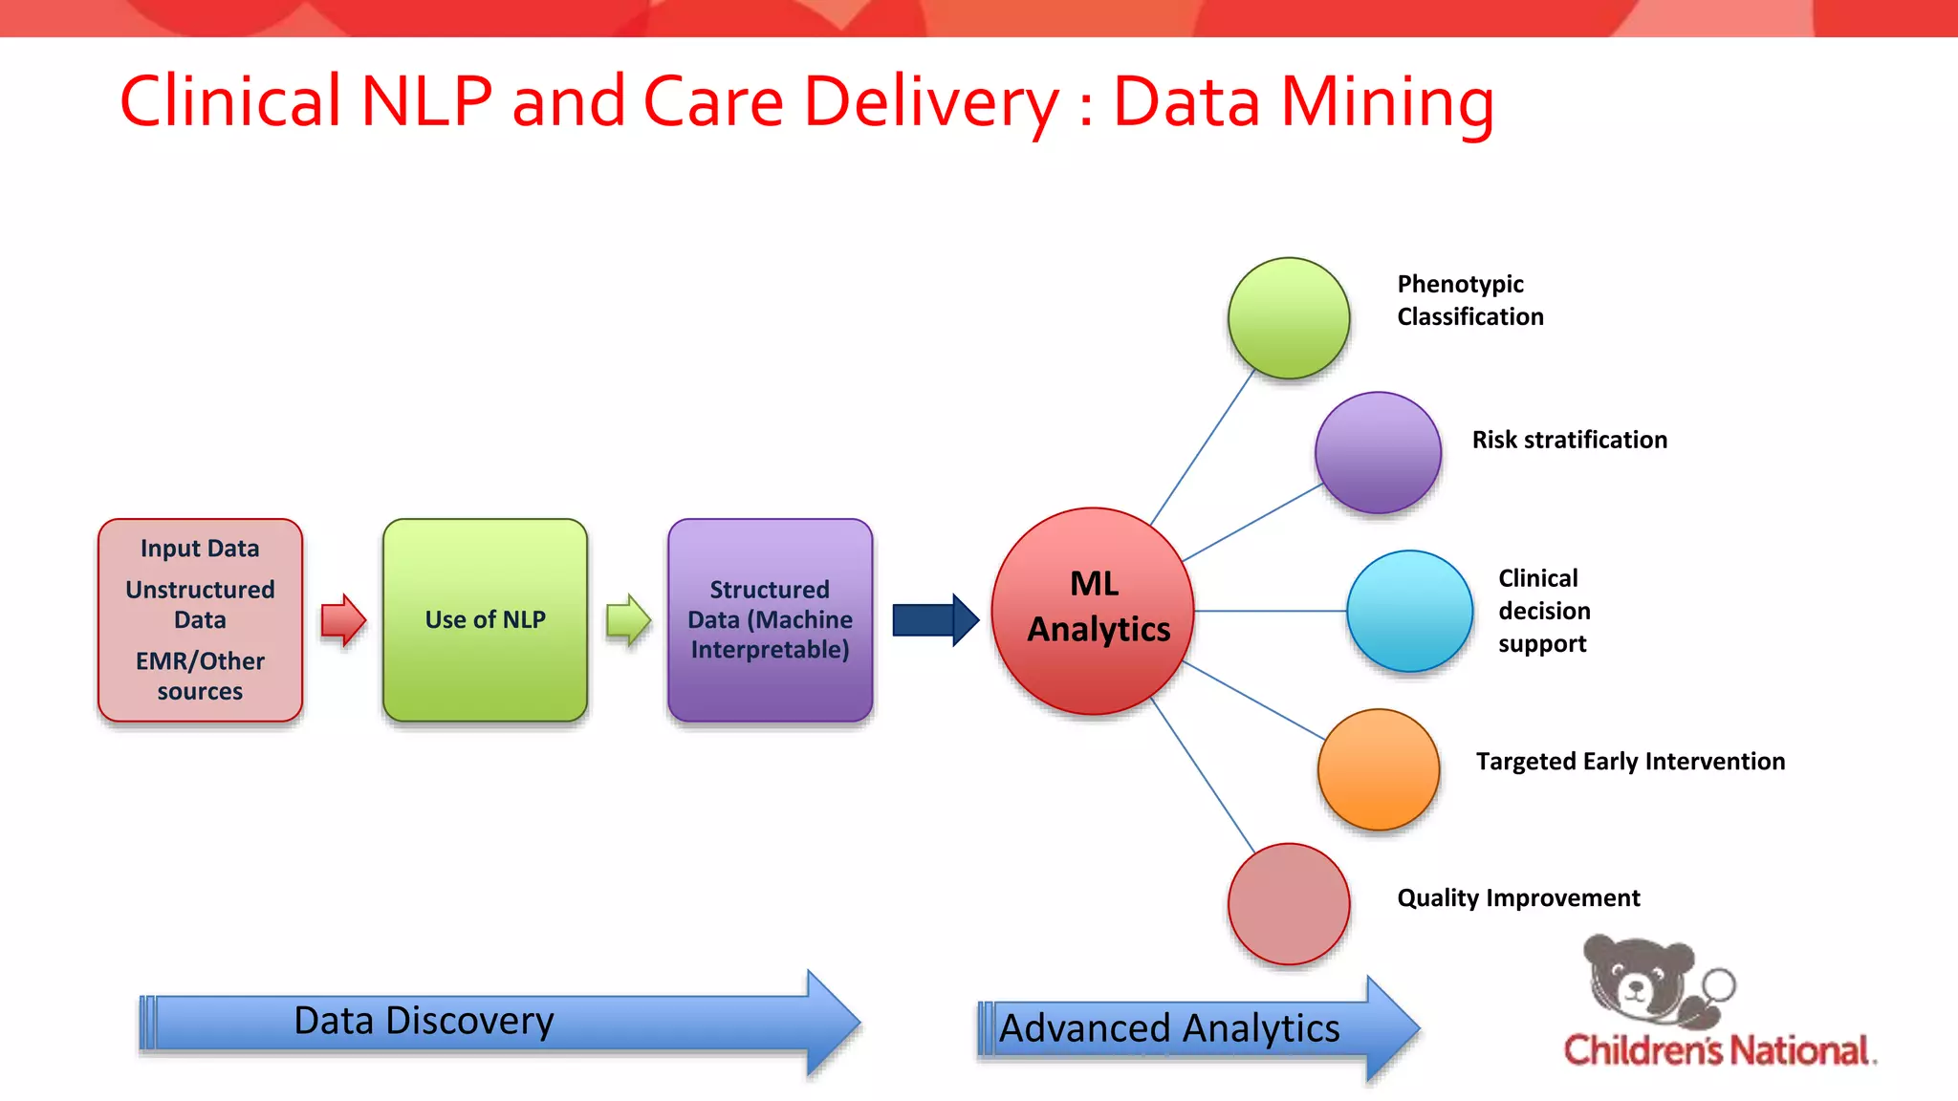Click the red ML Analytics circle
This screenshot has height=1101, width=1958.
click(1093, 611)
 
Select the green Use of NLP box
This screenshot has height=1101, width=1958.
click(485, 620)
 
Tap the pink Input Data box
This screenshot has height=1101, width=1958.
click(200, 620)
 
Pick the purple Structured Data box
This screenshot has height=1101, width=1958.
click(770, 620)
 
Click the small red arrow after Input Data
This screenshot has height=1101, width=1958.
click(343, 620)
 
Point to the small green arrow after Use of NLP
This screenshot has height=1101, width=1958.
click(628, 620)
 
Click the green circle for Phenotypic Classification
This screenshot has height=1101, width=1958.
click(1289, 318)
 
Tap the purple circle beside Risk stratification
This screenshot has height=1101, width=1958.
click(1378, 453)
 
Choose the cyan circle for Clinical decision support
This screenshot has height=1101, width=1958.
click(1409, 611)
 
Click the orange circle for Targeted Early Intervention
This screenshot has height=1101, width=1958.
click(1378, 769)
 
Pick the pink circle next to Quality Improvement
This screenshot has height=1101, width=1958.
click(1289, 904)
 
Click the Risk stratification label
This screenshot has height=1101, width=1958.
click(1569, 440)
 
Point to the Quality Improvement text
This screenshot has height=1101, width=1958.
click(1518, 898)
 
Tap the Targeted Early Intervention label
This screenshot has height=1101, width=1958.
click(1630, 762)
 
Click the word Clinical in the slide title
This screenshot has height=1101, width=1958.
click(229, 101)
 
